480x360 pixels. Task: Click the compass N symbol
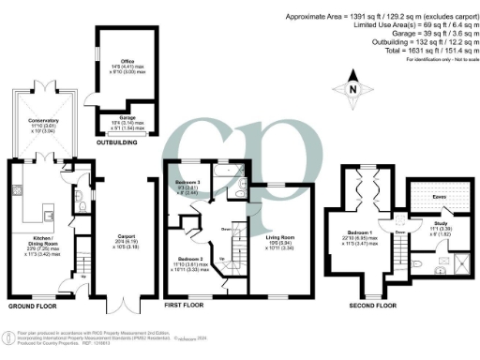352,91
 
